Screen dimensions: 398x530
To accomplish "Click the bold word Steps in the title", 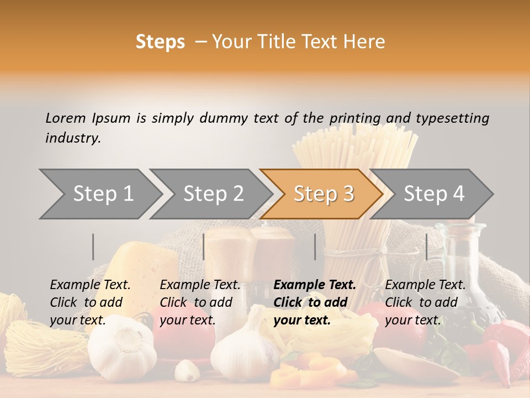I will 160,42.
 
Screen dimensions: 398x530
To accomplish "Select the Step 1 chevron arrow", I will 103,194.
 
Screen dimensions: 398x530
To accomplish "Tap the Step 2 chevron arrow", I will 213,194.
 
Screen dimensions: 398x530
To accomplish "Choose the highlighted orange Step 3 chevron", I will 324,194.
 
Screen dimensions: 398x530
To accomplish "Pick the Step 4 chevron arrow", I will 434,194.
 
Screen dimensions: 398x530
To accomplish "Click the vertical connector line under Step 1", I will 93,247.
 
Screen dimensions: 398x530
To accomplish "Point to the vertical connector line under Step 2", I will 204,247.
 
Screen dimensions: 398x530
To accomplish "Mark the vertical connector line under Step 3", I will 315,247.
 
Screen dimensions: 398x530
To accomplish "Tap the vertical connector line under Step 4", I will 426,247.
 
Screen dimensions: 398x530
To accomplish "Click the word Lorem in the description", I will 66,118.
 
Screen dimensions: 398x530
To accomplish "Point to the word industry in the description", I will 73,138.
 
